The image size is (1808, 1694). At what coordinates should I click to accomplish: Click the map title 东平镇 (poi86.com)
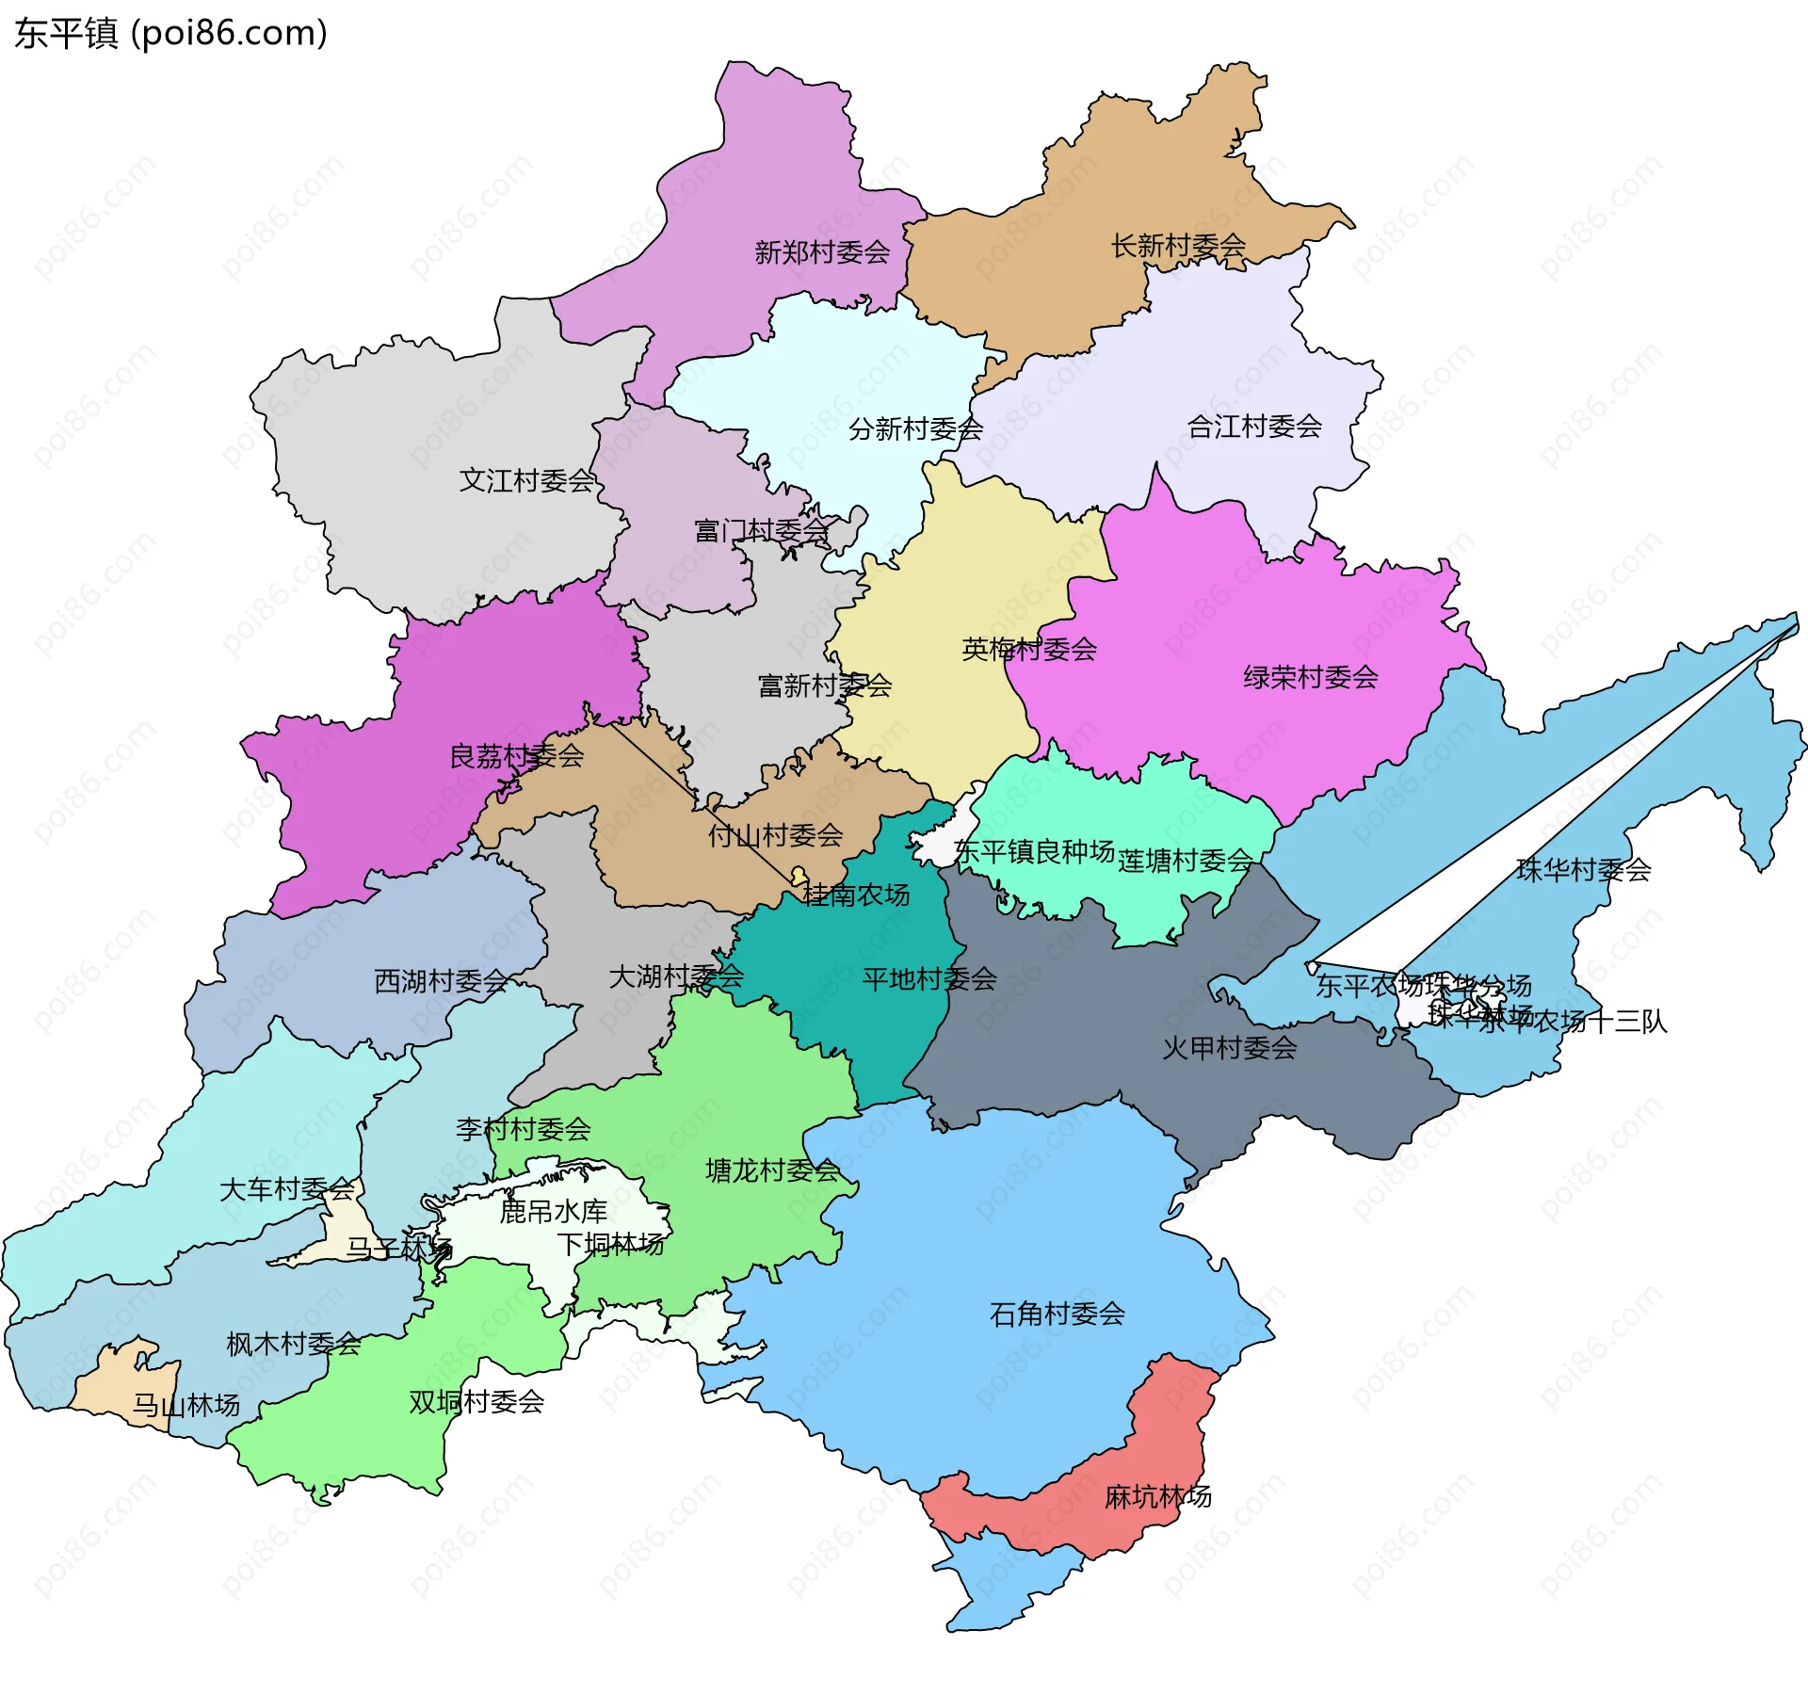click(x=170, y=33)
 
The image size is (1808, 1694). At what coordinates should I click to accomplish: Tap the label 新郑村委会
click(x=822, y=252)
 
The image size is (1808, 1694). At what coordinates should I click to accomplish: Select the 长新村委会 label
click(x=1178, y=246)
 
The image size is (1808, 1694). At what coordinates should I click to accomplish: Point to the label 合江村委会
click(x=1254, y=427)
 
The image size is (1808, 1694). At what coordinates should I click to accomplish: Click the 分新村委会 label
click(x=915, y=429)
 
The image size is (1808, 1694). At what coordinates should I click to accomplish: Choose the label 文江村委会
click(x=526, y=481)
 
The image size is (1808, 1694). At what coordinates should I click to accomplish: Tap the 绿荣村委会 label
click(x=1310, y=677)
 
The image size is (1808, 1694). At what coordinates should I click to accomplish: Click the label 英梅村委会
click(x=1028, y=649)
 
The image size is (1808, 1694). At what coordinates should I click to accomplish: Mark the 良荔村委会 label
click(x=516, y=756)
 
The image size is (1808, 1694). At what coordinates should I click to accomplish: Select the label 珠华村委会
click(x=1583, y=870)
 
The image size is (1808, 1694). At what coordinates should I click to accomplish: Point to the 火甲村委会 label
click(x=1229, y=1048)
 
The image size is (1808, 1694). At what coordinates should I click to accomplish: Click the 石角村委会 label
click(x=1057, y=1314)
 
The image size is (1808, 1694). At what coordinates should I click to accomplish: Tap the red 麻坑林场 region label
click(x=1157, y=1496)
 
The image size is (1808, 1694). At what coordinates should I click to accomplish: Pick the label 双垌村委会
click(x=476, y=1402)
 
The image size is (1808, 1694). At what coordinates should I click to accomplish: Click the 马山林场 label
click(x=186, y=1406)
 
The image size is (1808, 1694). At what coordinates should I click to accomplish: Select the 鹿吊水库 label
click(x=553, y=1212)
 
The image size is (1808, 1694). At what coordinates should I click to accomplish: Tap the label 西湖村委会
click(x=441, y=982)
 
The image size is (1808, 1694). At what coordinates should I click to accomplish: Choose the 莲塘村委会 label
click(x=1185, y=861)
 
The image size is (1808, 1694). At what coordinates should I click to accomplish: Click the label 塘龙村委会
click(x=772, y=1171)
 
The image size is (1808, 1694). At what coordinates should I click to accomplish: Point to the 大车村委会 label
click(x=286, y=1189)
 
